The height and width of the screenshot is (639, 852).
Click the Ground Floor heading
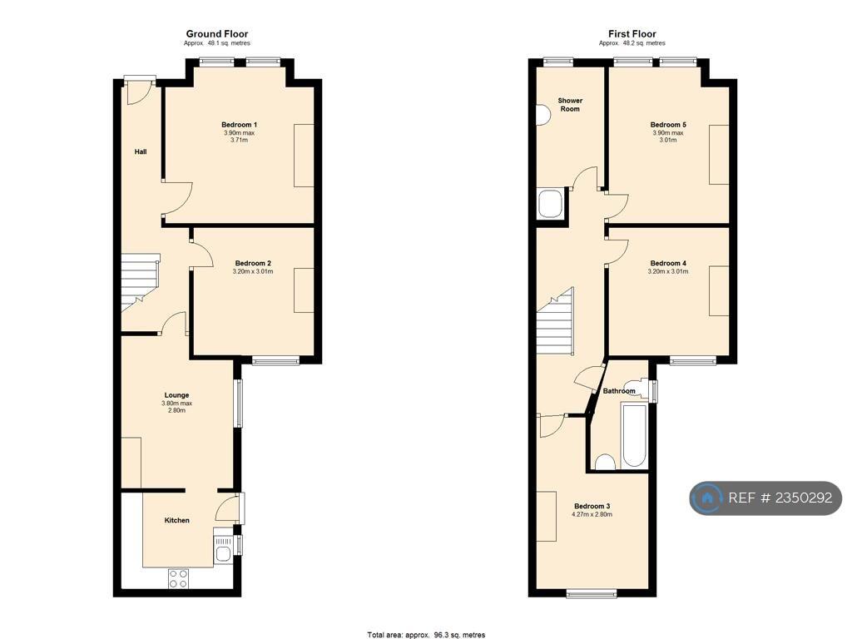[217, 33]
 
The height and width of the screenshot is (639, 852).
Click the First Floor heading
[632, 33]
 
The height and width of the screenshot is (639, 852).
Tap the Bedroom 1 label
[239, 125]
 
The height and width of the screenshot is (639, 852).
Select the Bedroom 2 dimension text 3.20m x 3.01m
[253, 271]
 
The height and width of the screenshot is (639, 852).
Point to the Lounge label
[176, 395]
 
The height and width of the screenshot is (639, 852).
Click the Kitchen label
[177, 520]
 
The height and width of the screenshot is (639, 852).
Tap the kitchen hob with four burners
[178, 578]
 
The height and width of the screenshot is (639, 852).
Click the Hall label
[140, 151]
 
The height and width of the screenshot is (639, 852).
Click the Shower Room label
[570, 104]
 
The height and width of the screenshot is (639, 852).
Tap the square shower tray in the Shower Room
[550, 203]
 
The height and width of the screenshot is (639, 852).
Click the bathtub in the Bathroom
[633, 436]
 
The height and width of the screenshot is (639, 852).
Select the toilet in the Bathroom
[605, 462]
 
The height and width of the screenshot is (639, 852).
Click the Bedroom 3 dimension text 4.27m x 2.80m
[592, 514]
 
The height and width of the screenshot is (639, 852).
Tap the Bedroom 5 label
[668, 125]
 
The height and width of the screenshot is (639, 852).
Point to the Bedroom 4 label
[668, 263]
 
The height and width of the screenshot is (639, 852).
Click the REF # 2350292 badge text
[780, 498]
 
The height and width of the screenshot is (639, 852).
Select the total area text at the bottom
[426, 635]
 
